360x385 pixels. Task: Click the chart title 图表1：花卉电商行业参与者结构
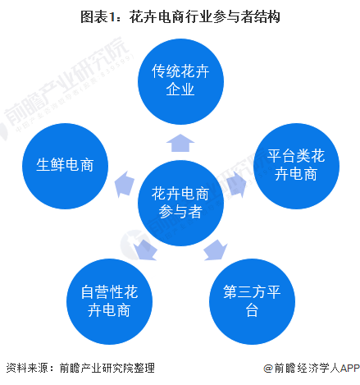[180, 17]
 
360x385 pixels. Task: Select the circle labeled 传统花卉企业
[180, 81]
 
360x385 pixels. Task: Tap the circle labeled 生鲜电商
[65, 166]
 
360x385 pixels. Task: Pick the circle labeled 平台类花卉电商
[296, 166]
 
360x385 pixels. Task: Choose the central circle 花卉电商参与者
[180, 203]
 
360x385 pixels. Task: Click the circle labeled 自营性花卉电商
[109, 301]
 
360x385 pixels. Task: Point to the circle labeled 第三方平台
[252, 301]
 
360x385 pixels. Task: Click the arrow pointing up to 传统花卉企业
[180, 143]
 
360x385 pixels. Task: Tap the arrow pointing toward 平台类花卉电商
[236, 185]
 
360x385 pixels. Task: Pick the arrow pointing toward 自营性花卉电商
[145, 250]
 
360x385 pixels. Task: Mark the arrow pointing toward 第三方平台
[216, 250]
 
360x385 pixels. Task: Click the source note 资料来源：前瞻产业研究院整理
[80, 368]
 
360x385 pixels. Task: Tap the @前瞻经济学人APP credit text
[312, 368]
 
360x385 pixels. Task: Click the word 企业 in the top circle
[180, 89]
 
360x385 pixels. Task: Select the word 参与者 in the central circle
[180, 212]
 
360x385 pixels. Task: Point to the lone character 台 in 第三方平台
[252, 310]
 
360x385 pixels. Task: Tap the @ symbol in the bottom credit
[268, 369]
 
